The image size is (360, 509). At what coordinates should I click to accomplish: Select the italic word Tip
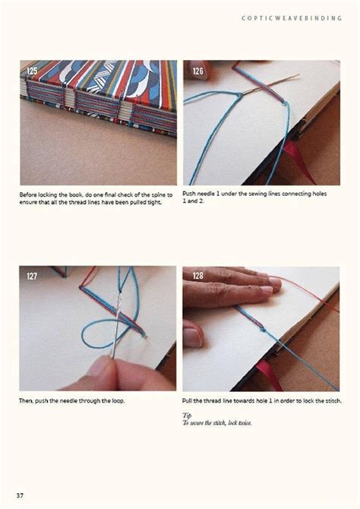(187, 416)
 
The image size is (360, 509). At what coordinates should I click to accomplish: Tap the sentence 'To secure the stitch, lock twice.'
(217, 422)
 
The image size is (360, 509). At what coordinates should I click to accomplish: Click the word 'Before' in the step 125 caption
(30, 194)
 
